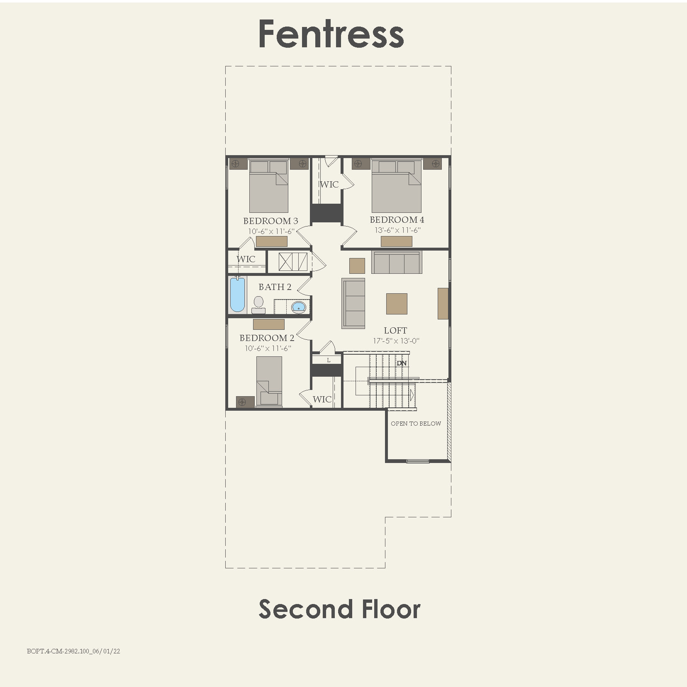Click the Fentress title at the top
331,34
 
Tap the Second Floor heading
339,609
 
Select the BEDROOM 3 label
270,221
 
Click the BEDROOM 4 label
397,219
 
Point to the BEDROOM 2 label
267,338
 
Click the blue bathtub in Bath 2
237,294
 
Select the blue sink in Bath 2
298,307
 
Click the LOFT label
395,330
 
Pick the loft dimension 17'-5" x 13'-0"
396,341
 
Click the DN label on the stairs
402,363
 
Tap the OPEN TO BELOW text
416,424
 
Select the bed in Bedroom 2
269,381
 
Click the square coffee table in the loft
397,304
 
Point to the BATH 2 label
275,287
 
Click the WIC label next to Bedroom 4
329,184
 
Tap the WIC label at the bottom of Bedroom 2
322,399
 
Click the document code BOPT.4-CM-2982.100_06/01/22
73,651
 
